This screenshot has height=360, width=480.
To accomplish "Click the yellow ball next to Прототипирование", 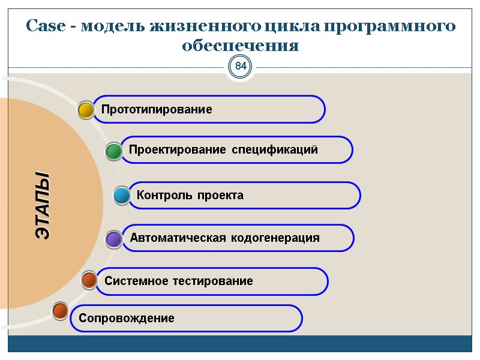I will tap(86, 110).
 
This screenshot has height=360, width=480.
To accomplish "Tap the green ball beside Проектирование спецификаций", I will tap(114, 151).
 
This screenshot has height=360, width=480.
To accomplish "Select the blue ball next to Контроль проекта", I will tap(122, 196).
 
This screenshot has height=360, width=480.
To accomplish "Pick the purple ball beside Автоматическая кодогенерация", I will tap(114, 239).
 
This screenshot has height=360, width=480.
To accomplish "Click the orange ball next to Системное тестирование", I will tap(89, 280).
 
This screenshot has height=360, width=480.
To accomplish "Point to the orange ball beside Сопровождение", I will tap(60, 311).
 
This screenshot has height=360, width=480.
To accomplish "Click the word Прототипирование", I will tap(157, 110).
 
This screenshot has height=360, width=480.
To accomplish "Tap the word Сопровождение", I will tap(127, 319).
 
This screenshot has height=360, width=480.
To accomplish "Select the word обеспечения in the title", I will tap(240, 46).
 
